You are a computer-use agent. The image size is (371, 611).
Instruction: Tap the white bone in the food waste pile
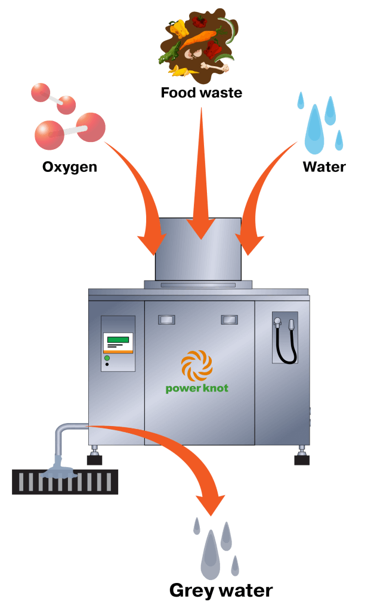coord(215,66)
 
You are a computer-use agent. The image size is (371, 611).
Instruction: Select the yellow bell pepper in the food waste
coord(179,28)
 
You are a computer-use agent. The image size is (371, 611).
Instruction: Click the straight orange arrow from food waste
coord(202,179)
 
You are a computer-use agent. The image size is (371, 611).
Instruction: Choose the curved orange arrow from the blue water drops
coord(262,191)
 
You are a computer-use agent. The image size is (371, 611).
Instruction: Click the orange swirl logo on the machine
coord(197,365)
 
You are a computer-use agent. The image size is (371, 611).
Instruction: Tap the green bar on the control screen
coord(118,339)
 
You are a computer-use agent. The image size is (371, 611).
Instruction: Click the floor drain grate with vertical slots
coord(65,482)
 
